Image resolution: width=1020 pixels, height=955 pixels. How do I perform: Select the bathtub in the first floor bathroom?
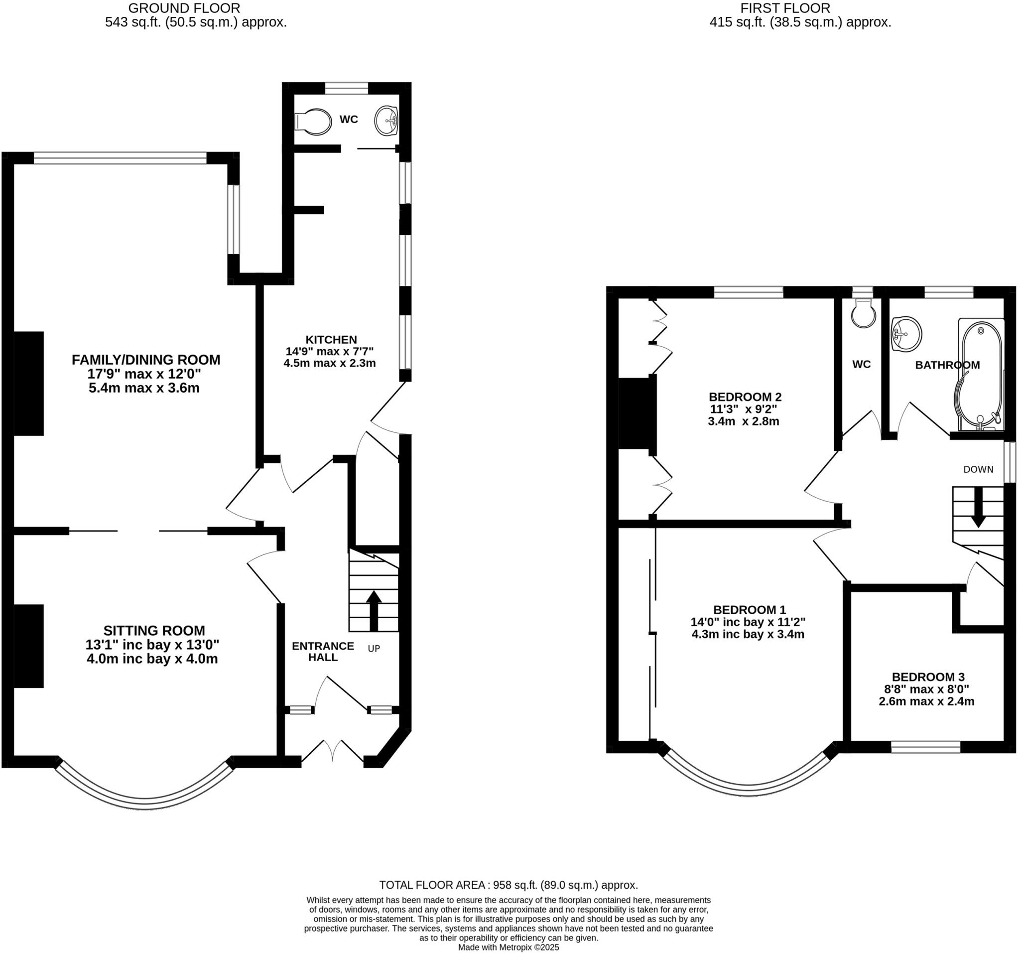pos(981,374)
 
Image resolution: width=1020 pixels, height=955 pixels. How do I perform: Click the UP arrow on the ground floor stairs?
pos(374,611)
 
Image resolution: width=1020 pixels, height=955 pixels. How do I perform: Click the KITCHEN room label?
pos(331,340)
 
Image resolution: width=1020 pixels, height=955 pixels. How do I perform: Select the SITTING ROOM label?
pos(154,631)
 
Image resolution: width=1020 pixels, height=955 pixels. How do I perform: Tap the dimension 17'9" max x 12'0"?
pos(143,374)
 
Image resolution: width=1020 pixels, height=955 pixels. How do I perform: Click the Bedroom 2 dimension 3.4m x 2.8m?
pos(743,421)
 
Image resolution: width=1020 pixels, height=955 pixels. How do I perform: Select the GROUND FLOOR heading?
pos(184,8)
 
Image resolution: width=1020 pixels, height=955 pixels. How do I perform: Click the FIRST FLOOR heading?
pos(785,8)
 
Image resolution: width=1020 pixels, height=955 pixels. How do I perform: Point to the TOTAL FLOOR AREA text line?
pos(508,885)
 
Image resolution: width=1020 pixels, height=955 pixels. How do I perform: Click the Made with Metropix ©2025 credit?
pos(508,948)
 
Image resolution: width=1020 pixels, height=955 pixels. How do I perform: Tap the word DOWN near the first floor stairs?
pos(978,469)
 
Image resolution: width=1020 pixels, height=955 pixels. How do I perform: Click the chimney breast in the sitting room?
pos(28,646)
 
